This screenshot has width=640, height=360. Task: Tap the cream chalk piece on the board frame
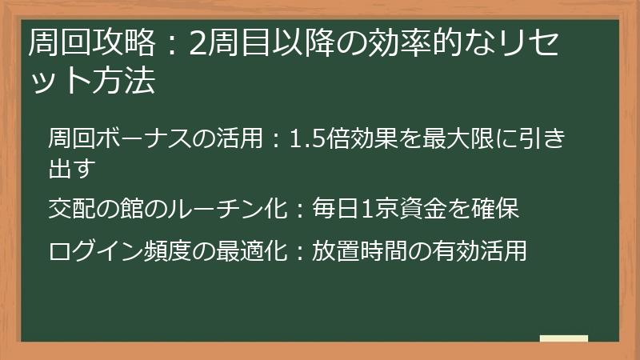[x=563, y=339]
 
